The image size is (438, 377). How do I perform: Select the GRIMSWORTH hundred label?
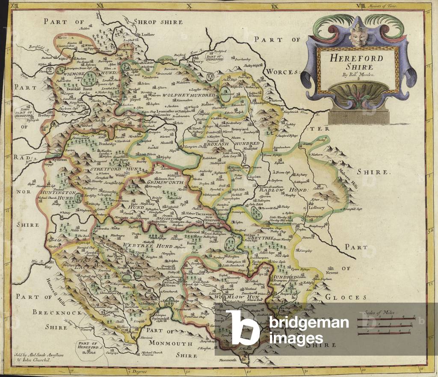click(x=165, y=182)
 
